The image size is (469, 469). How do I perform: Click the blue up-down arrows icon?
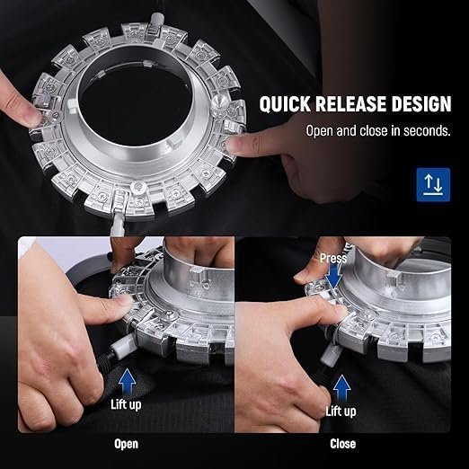433,184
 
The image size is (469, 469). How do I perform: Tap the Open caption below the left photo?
126,444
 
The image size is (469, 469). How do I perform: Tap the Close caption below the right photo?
343,444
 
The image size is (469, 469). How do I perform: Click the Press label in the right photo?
333,258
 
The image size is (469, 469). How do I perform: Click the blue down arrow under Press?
334,277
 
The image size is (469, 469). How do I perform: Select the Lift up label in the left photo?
126,404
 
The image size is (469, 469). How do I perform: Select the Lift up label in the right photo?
341,411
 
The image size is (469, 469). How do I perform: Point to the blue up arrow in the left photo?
127,382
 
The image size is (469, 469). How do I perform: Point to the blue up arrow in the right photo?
341,388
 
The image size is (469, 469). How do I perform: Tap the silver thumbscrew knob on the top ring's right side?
219,103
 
